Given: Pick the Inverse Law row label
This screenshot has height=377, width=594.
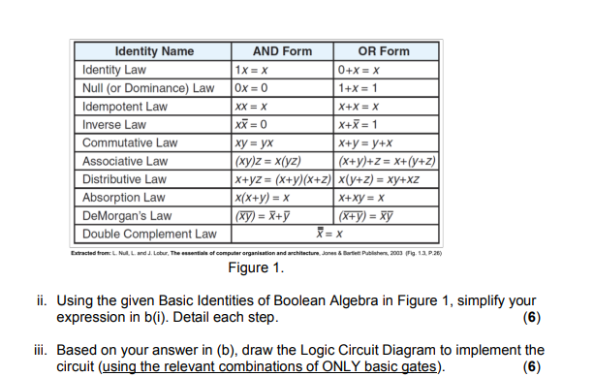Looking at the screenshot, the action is coord(114,125).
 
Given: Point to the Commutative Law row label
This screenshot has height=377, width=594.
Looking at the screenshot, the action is coord(130,143).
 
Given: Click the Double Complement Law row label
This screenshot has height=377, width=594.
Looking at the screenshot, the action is coord(149,234).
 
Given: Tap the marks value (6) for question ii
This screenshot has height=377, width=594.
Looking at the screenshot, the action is coord(530,318).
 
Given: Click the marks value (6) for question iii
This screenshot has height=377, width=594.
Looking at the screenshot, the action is coord(530,365).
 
